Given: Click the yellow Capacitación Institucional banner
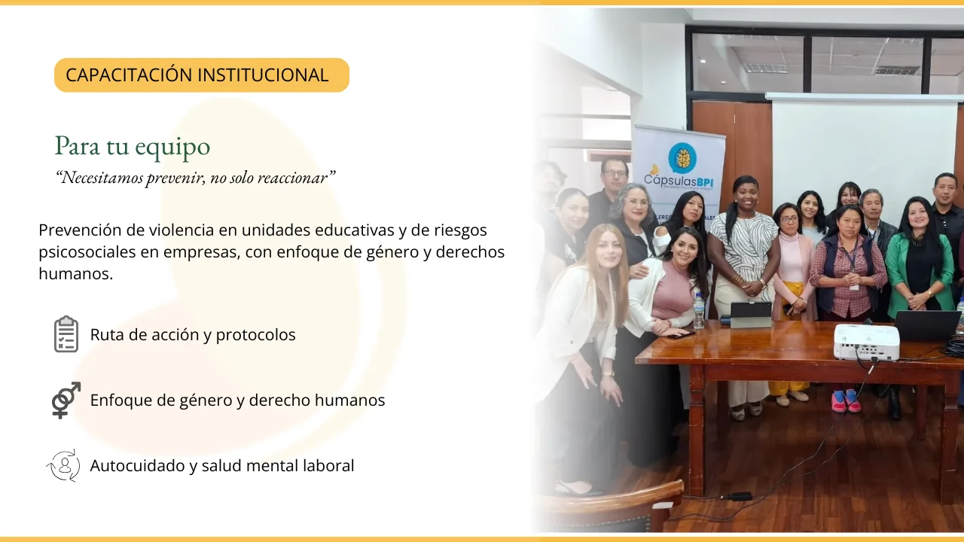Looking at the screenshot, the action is point(201,75).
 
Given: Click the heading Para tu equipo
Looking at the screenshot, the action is point(133,147).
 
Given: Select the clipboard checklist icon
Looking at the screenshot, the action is point(66,334).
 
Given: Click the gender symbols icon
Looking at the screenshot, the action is point(66,400).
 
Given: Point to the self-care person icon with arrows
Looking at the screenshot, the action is point(64,465).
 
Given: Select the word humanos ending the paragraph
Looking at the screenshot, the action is point(76,273).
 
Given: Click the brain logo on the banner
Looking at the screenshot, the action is point(682,158).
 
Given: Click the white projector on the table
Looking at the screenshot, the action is point(867,342).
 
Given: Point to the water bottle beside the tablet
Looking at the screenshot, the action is point(698,310).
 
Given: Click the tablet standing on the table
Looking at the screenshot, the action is point(751,315).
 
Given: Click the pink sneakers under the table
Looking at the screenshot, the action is point(847,401).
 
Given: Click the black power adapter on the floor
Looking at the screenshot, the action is point(739,496).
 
